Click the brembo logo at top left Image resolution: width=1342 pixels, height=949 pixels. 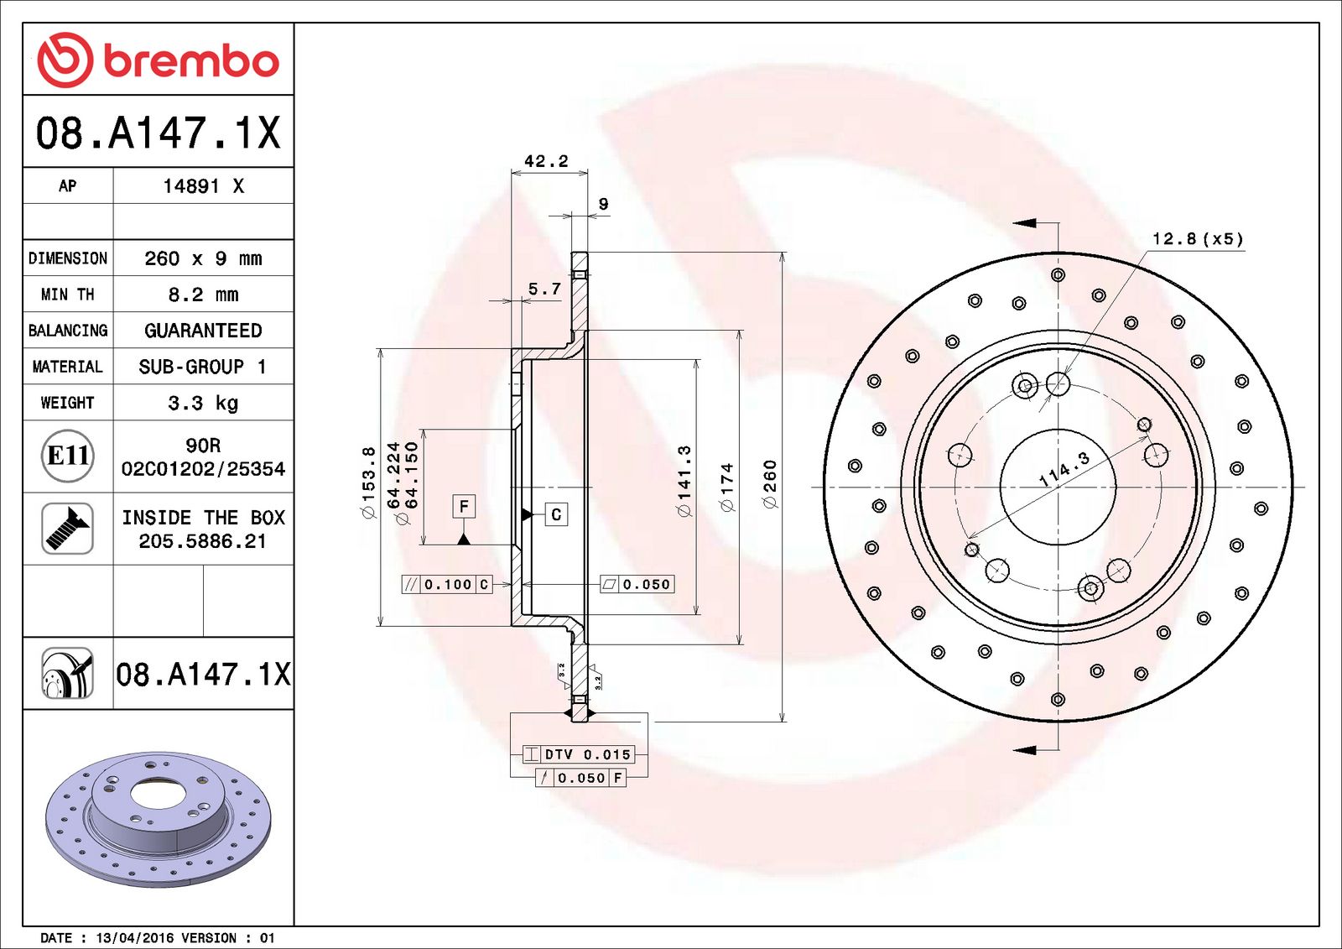158,60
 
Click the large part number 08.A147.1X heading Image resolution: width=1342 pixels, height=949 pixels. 158,133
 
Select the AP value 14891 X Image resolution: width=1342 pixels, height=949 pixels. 203,186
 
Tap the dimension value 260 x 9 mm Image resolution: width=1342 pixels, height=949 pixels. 203,258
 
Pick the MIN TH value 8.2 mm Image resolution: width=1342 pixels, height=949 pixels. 203,295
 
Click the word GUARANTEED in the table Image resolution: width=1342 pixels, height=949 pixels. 203,331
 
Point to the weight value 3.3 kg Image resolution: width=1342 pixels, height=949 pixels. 203,403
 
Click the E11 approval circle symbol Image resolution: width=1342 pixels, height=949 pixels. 67,456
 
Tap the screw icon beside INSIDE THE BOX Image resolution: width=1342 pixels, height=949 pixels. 67,528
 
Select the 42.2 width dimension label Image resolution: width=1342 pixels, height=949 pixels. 546,161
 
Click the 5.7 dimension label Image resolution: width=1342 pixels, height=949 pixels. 544,289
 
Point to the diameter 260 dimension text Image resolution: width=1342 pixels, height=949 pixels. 770,484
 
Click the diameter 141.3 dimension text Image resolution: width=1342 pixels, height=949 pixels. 684,481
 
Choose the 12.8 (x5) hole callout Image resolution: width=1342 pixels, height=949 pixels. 1197,239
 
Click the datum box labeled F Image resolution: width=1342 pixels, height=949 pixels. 464,506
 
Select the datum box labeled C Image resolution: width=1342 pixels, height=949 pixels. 556,514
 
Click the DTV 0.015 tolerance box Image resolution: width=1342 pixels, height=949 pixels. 579,754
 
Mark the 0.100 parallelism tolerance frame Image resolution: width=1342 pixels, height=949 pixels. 447,585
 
